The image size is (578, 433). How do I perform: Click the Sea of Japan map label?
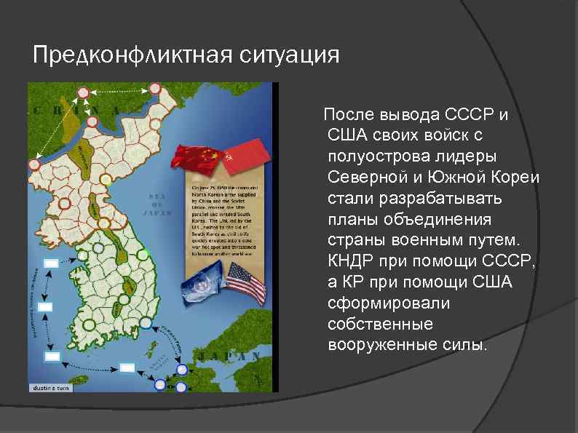[x=159, y=204]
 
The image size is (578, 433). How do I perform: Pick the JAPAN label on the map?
[x=230, y=357]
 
